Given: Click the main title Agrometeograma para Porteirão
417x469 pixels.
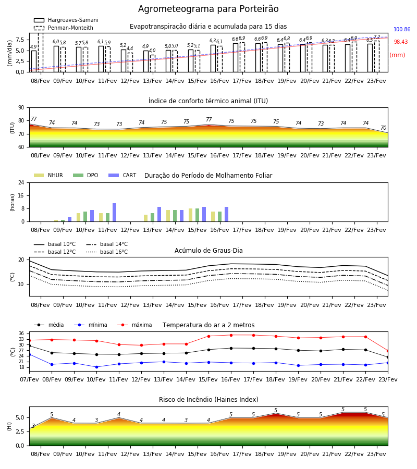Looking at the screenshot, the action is tap(208, 9).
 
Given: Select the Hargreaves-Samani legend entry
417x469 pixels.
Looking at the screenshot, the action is tap(66, 20).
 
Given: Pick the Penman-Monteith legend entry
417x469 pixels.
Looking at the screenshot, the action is tap(64, 28).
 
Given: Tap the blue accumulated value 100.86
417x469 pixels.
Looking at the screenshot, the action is tap(402, 29).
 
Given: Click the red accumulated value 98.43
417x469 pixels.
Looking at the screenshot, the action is tap(401, 42).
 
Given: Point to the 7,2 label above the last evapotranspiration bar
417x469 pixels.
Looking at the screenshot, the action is tap(377, 37).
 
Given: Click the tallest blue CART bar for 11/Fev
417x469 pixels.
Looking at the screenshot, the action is tap(114, 213).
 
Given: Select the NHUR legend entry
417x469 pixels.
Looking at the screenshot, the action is tap(48, 175).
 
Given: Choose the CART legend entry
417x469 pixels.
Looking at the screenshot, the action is tap(122, 175).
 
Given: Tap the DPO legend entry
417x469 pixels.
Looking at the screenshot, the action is tap(85, 175).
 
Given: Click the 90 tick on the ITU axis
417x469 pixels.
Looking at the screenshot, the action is tap(21, 108).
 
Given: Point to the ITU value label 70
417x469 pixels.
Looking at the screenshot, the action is tap(383, 128).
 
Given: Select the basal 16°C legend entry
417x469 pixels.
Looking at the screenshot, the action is tap(107, 252).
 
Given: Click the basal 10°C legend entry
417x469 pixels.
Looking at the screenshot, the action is tap(55, 244).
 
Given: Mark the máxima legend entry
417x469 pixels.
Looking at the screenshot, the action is tap(134, 325).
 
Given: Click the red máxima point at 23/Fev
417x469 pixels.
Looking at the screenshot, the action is tap(388, 351).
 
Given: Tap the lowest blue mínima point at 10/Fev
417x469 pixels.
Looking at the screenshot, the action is tap(96, 367).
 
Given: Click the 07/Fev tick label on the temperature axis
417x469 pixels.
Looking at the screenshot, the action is tap(29, 379).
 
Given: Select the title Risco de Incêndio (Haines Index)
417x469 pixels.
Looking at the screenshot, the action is tap(208, 400).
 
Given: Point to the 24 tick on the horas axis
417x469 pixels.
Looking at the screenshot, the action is tap(21, 182).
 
